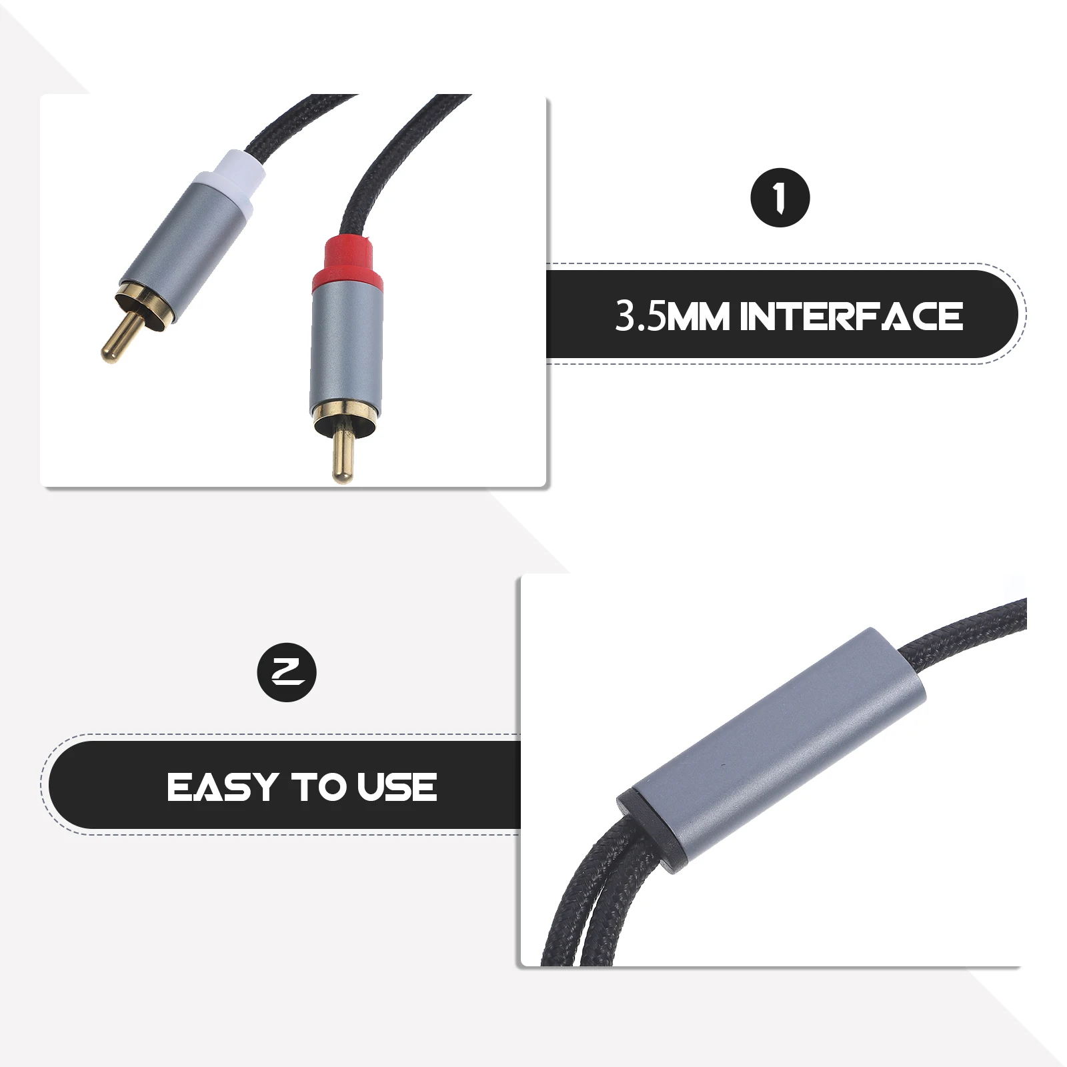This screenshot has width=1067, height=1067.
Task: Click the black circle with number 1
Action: pos(780,198)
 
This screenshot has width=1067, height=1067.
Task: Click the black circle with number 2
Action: pos(287,672)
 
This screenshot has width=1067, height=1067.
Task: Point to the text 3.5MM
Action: pos(640,316)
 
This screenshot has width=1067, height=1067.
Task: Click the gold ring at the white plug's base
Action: pos(147,303)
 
